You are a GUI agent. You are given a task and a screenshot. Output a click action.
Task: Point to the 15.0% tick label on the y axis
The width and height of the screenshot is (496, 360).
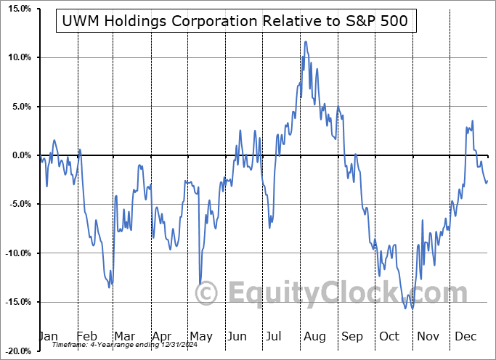17,9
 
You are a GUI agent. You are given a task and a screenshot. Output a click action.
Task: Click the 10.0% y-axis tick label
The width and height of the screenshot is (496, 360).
17,57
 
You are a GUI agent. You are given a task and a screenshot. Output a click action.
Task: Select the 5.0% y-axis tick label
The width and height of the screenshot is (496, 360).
19,107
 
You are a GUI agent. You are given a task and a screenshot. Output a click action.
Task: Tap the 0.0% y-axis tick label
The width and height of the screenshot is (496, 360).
19,155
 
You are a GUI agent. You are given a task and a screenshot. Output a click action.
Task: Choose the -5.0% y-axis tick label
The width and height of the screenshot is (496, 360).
17,204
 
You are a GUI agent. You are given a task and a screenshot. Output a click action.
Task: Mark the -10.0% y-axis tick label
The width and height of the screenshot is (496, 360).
15,253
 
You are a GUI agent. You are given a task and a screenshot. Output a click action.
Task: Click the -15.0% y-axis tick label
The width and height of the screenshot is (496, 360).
15,302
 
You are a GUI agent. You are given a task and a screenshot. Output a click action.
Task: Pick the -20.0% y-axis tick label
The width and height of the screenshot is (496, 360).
15,351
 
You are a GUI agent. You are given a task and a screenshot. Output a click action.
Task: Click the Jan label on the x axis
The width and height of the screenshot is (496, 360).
48,337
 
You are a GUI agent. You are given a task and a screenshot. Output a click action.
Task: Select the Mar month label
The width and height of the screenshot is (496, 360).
125,337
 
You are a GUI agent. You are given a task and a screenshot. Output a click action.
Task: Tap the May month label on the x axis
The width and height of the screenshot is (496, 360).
200,337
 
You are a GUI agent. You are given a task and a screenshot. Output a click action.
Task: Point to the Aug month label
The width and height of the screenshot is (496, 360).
314,337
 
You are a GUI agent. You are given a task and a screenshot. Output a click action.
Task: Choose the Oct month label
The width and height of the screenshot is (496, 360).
390,337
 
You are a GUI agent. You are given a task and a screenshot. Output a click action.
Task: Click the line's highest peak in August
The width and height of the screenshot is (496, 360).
306,41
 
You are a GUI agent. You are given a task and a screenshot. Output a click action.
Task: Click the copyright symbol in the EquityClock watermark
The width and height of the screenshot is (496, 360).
208,293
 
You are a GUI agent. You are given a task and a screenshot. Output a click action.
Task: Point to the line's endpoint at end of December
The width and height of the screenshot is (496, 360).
487,181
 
